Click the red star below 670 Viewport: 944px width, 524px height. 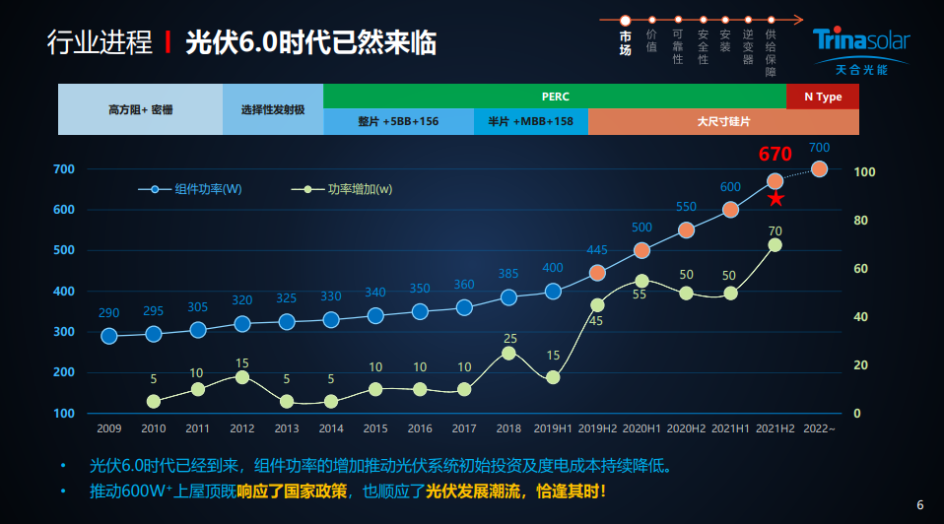(776, 199)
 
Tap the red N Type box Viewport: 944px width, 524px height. (823, 97)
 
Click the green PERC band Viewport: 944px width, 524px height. (555, 97)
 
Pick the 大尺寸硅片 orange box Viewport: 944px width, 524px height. (723, 122)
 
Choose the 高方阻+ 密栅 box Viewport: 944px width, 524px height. (140, 109)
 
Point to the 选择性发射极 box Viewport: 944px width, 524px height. (273, 109)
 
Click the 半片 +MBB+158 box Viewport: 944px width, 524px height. (531, 122)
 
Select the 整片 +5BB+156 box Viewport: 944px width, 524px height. (398, 122)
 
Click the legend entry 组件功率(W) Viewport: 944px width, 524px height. (197, 189)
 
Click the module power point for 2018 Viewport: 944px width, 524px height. (508, 297)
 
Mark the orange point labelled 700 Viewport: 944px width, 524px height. (819, 169)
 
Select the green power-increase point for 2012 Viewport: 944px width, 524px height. (242, 377)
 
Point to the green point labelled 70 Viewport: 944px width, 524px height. (775, 244)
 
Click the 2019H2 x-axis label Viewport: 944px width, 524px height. (597, 428)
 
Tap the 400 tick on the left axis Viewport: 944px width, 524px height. (64, 292)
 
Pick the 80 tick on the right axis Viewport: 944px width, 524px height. (860, 221)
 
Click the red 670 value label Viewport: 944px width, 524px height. (775, 155)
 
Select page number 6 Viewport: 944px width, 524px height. (920, 505)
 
